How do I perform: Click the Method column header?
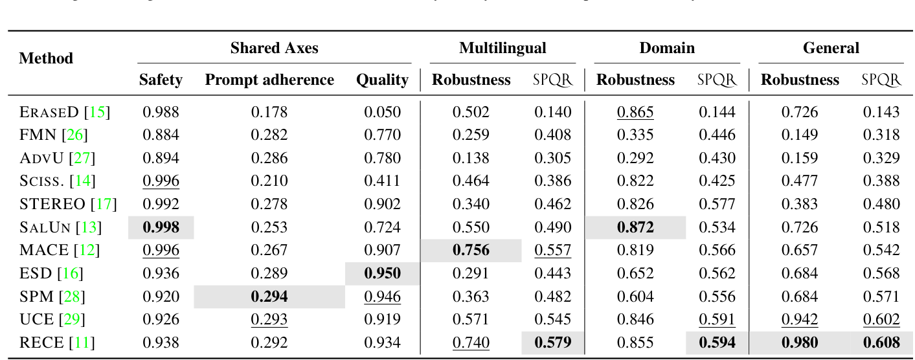46,58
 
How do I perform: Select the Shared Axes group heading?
274,48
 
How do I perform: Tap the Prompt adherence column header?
269,80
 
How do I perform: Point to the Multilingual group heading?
503,48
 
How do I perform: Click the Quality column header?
382,80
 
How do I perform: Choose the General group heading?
831,48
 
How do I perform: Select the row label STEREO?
52,204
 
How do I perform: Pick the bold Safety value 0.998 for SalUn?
161,227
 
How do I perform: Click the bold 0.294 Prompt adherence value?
269,297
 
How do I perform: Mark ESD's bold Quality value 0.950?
382,273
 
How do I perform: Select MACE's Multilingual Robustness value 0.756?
471,250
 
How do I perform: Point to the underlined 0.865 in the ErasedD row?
635,112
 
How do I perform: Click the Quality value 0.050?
382,112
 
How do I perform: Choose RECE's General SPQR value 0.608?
881,342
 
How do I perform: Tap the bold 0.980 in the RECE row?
799,342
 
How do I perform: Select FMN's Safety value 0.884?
161,135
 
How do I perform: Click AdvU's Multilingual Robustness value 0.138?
471,158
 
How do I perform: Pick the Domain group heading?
667,48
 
